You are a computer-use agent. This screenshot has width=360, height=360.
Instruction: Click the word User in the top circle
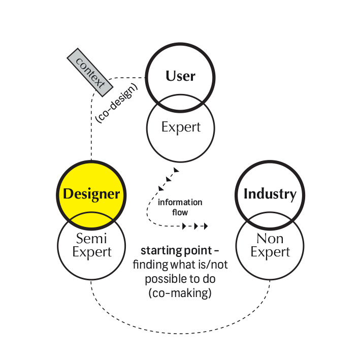tap(180, 76)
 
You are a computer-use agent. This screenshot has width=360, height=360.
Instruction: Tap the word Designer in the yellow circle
tap(91, 194)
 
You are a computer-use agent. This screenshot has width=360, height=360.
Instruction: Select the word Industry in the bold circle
tap(270, 194)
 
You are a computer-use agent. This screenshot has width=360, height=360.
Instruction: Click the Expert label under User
tap(181, 127)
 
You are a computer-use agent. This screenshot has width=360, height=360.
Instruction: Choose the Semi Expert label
tap(91, 245)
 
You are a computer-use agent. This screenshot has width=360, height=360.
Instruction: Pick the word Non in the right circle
tap(270, 239)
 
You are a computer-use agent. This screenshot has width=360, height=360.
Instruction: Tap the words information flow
tap(180, 207)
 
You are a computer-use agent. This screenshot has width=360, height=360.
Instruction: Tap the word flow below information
tap(180, 212)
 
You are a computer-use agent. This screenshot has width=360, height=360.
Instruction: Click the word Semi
tap(91, 238)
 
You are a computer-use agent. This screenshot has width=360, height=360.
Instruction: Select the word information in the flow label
tap(180, 202)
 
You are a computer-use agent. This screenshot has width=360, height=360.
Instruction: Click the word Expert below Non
tap(270, 252)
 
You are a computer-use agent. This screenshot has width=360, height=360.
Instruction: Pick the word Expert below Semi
tap(91, 252)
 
